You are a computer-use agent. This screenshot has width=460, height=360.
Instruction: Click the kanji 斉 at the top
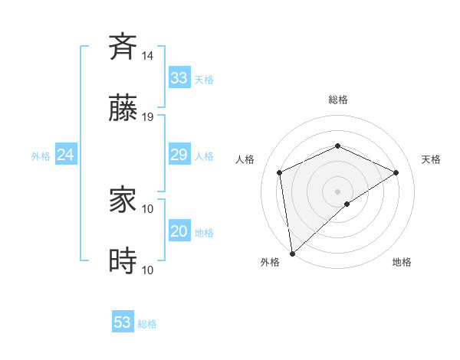123,47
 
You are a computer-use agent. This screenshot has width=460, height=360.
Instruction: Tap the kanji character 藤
123,109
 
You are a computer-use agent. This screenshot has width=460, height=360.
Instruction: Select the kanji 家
123,201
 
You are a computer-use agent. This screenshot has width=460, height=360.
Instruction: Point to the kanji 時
123,262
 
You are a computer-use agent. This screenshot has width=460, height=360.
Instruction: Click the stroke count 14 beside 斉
148,56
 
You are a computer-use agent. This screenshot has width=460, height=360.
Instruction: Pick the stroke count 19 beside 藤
148,117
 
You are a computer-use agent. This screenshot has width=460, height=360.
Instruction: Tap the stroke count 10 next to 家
148,208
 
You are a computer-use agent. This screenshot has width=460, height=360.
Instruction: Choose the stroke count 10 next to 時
148,270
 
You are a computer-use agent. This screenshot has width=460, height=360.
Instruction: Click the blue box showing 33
179,78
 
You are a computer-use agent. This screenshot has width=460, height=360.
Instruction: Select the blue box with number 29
179,155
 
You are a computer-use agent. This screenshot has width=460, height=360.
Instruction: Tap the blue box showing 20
179,231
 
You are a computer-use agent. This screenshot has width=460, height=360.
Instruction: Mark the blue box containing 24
66,155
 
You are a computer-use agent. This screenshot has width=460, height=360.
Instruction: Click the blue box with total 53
123,322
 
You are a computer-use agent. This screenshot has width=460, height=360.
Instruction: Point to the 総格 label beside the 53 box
147,324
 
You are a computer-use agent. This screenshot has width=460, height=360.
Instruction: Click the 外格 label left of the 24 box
41,156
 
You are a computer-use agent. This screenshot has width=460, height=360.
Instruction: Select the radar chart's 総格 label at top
338,100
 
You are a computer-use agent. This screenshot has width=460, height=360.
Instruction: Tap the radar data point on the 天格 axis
396,172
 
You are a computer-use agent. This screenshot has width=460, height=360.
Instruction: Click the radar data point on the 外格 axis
292,253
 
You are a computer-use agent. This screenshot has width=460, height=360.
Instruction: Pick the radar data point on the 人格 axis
280,172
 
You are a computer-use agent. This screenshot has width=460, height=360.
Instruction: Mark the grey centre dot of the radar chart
338,191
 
